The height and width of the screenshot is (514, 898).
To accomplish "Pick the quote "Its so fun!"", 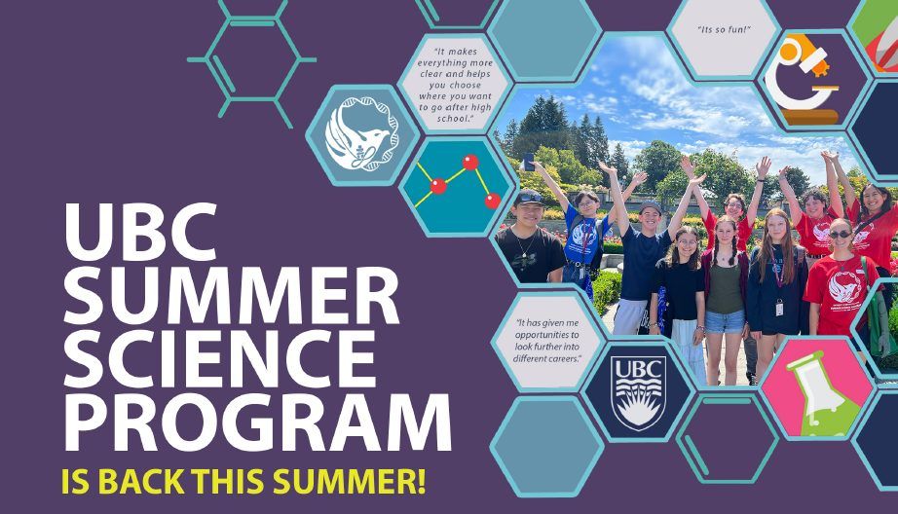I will [x=724, y=30].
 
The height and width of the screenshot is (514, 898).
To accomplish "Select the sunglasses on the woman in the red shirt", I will [x=840, y=235].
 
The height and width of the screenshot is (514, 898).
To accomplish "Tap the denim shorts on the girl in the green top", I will [x=725, y=321].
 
